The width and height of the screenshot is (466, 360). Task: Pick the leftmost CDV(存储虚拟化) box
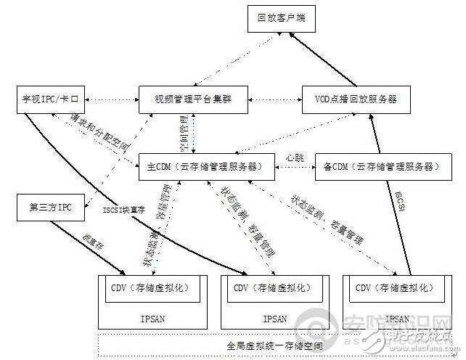coord(150,289)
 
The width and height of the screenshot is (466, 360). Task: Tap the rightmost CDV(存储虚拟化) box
coord(393,289)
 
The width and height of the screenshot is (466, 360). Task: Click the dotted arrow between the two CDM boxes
coord(295,167)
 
